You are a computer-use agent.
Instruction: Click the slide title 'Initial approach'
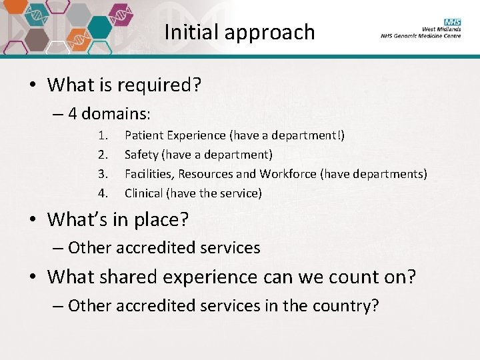point(239,32)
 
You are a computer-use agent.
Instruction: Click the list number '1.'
point(103,135)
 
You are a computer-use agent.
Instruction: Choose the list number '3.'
point(103,174)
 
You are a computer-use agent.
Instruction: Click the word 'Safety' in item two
point(141,155)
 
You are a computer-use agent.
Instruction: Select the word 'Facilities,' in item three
point(149,174)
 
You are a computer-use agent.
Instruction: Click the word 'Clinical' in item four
point(143,193)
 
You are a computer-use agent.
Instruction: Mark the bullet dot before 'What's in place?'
point(32,219)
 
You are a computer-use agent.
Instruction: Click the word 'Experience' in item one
point(197,135)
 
